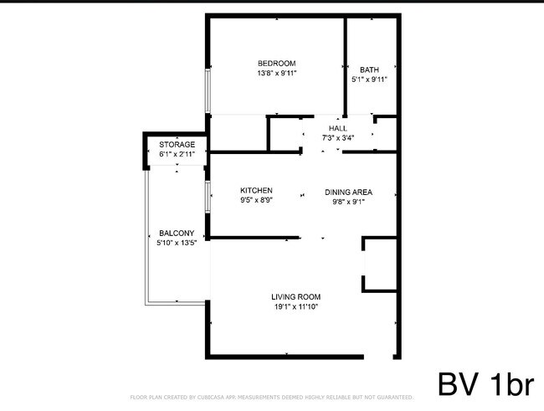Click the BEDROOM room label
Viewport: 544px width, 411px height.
[276, 64]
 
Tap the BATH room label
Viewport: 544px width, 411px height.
[369, 69]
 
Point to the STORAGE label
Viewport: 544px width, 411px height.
[177, 145]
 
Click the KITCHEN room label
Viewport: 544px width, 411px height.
[256, 190]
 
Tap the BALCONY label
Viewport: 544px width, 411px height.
[176, 234]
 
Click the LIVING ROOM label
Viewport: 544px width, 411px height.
[295, 296]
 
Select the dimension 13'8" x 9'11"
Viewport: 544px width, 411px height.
[277, 74]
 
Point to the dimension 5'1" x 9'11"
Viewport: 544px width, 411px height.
[369, 80]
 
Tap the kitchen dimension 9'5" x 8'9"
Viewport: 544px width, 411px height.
[256, 200]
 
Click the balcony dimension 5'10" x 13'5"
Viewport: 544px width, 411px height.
[176, 244]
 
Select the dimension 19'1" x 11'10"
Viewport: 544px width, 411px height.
[295, 306]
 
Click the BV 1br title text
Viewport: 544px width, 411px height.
[485, 384]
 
